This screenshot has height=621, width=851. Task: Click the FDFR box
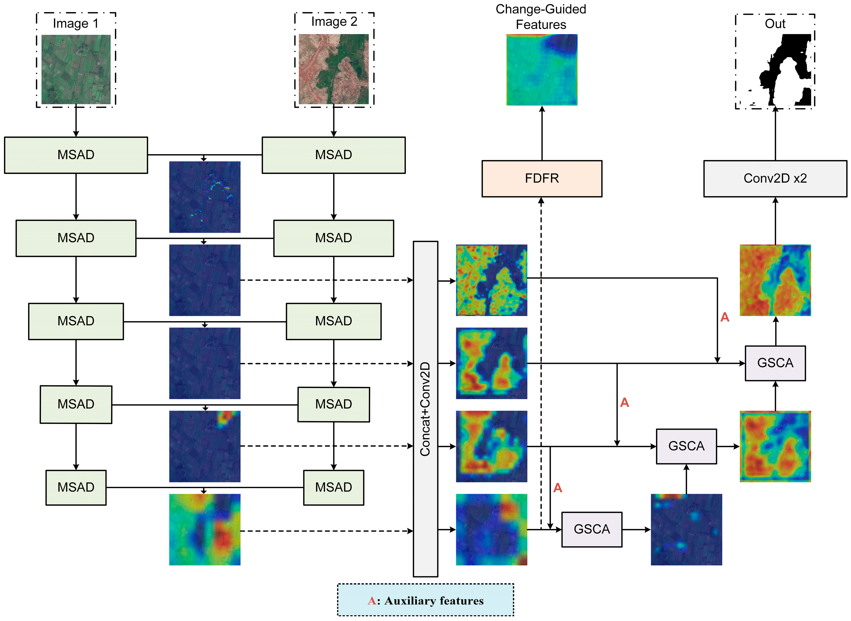click(541, 179)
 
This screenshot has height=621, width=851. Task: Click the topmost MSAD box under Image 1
click(76, 155)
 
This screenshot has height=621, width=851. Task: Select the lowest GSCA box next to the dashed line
click(592, 529)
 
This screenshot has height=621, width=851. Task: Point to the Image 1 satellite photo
click(76, 70)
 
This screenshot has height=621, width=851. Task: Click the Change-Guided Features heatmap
click(541, 70)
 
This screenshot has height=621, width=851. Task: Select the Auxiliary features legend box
click(425, 600)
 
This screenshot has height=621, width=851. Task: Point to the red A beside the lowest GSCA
click(557, 488)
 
